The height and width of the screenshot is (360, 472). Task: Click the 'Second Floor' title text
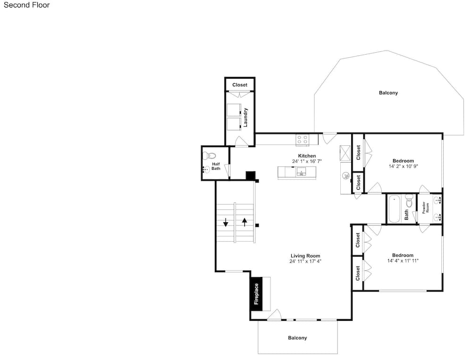point(26,5)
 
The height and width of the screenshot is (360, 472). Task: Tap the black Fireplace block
point(256,294)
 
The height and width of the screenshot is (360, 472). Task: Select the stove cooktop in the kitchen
point(302,140)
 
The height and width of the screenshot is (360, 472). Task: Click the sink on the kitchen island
point(301,172)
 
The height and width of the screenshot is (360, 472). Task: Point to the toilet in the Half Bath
point(210,156)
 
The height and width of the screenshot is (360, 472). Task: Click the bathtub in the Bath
point(394,209)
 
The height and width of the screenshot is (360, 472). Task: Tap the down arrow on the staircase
point(226,222)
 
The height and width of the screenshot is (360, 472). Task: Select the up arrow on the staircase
point(244,222)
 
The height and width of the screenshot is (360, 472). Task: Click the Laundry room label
point(245,117)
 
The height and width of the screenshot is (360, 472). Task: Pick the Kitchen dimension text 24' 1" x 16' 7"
point(307,161)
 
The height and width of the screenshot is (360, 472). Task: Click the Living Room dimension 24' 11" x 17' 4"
point(305,261)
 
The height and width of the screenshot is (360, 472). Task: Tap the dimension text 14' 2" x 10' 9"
point(403,166)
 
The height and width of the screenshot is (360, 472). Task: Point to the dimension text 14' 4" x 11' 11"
point(403,260)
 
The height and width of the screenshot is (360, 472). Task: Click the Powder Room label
point(425,208)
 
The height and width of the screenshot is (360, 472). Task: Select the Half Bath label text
point(216,166)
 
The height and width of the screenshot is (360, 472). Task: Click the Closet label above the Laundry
point(240,85)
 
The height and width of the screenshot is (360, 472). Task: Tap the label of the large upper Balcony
point(388,92)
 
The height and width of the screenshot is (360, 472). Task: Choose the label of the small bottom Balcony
point(297,338)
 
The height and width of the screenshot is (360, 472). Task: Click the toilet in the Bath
point(409,201)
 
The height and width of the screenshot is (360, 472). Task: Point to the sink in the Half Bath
point(206,170)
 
